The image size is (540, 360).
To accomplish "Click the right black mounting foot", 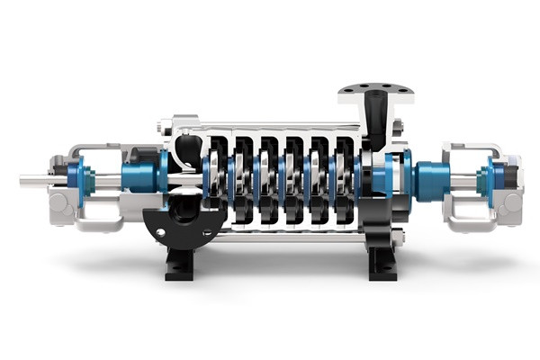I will click(x=382, y=264).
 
